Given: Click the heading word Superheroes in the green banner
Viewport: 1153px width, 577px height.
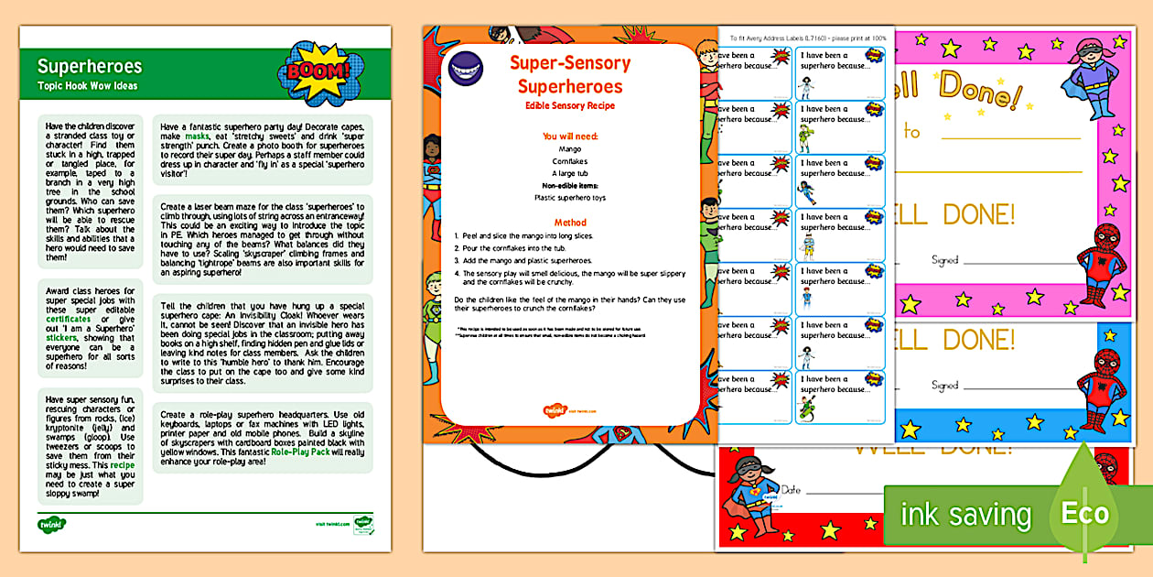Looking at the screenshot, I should (90, 66).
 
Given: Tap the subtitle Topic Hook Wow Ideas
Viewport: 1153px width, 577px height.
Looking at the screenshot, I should (87, 86).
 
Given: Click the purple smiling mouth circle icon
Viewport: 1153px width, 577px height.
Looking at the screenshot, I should (466, 64).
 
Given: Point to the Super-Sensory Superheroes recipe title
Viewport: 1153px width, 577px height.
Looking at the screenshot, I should (569, 75).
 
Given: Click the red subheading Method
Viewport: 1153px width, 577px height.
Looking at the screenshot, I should (569, 223).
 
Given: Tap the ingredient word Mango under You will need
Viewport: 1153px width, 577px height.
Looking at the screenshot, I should (569, 148).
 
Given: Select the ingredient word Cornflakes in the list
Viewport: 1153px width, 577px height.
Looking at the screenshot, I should (569, 160).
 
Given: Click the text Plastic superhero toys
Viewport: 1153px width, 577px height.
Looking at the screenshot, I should (569, 197).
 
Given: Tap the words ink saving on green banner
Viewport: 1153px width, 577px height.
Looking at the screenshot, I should (964, 515).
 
